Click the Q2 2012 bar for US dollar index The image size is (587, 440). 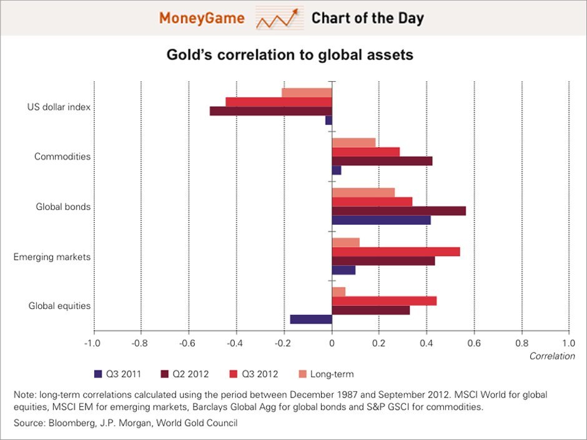(270, 111)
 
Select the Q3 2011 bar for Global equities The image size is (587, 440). (311, 320)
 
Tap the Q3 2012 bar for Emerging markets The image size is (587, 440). (396, 252)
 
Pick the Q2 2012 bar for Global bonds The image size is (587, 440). (398, 211)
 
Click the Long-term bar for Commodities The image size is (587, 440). (353, 142)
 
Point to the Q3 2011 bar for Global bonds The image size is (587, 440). (381, 220)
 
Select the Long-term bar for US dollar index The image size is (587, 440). (307, 92)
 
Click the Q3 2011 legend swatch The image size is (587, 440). (98, 374)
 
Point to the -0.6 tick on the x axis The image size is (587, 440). (188, 343)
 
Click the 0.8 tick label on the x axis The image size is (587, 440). (521, 343)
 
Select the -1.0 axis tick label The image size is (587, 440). (92, 343)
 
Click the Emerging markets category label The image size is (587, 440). (52, 257)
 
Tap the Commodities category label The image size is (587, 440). (62, 157)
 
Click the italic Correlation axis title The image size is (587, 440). (552, 356)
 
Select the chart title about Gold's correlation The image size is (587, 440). (290, 55)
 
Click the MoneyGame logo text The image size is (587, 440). (202, 18)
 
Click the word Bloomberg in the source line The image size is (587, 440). (68, 423)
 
